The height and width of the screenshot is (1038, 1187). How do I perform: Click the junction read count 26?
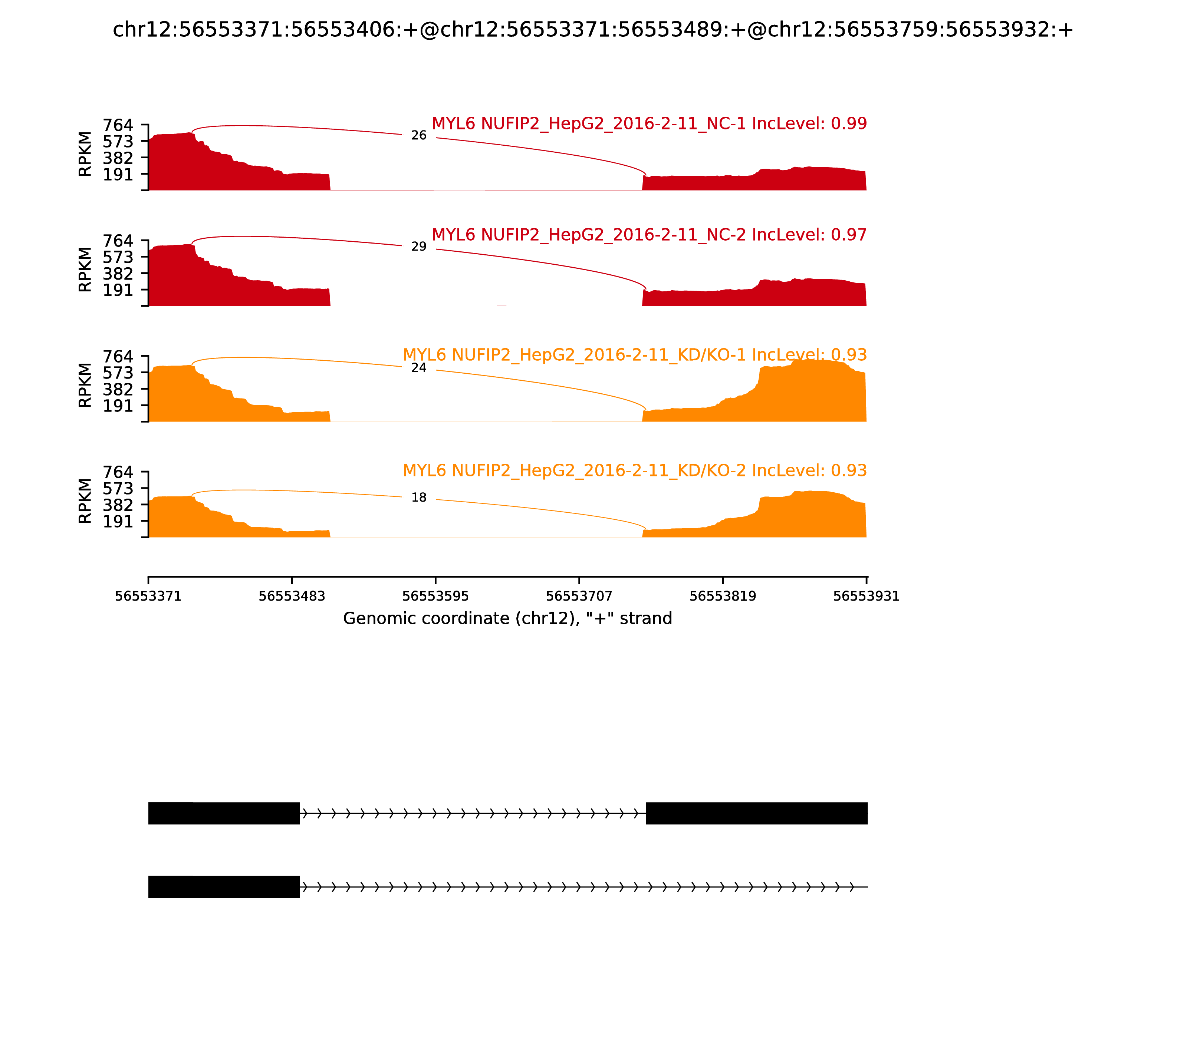pos(418,136)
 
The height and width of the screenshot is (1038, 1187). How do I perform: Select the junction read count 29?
pos(418,247)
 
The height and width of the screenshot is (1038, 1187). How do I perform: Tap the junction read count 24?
pos(418,368)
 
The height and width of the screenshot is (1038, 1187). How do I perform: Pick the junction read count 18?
pos(418,497)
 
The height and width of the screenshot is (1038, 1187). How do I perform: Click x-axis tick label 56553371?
pos(148,596)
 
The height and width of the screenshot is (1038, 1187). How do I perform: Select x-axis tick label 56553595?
pos(435,596)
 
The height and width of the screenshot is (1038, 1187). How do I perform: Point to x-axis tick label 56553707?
pos(579,596)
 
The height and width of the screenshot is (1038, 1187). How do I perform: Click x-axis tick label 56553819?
pos(723,596)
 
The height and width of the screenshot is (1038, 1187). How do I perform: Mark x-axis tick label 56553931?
pos(866,596)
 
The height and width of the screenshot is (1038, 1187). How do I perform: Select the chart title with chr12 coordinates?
pos(593,30)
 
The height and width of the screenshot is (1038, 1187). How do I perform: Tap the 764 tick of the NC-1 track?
pos(118,125)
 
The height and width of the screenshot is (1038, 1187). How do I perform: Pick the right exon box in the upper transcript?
pos(756,813)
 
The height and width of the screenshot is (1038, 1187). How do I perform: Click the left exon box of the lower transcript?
pos(224,887)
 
